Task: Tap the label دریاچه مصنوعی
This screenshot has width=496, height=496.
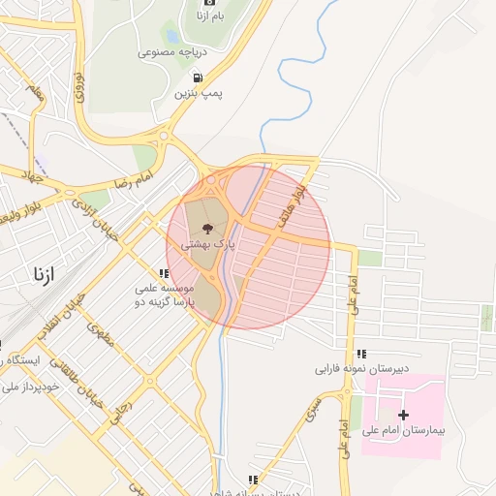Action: click(170, 50)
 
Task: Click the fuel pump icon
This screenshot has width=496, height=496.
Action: click(198, 77)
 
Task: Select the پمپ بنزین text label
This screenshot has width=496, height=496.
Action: click(199, 93)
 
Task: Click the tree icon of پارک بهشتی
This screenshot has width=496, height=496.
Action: click(207, 229)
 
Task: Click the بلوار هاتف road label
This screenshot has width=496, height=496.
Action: click(295, 206)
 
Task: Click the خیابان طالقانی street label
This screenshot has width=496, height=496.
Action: click(104, 380)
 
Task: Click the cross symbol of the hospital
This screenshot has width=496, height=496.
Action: click(404, 414)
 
